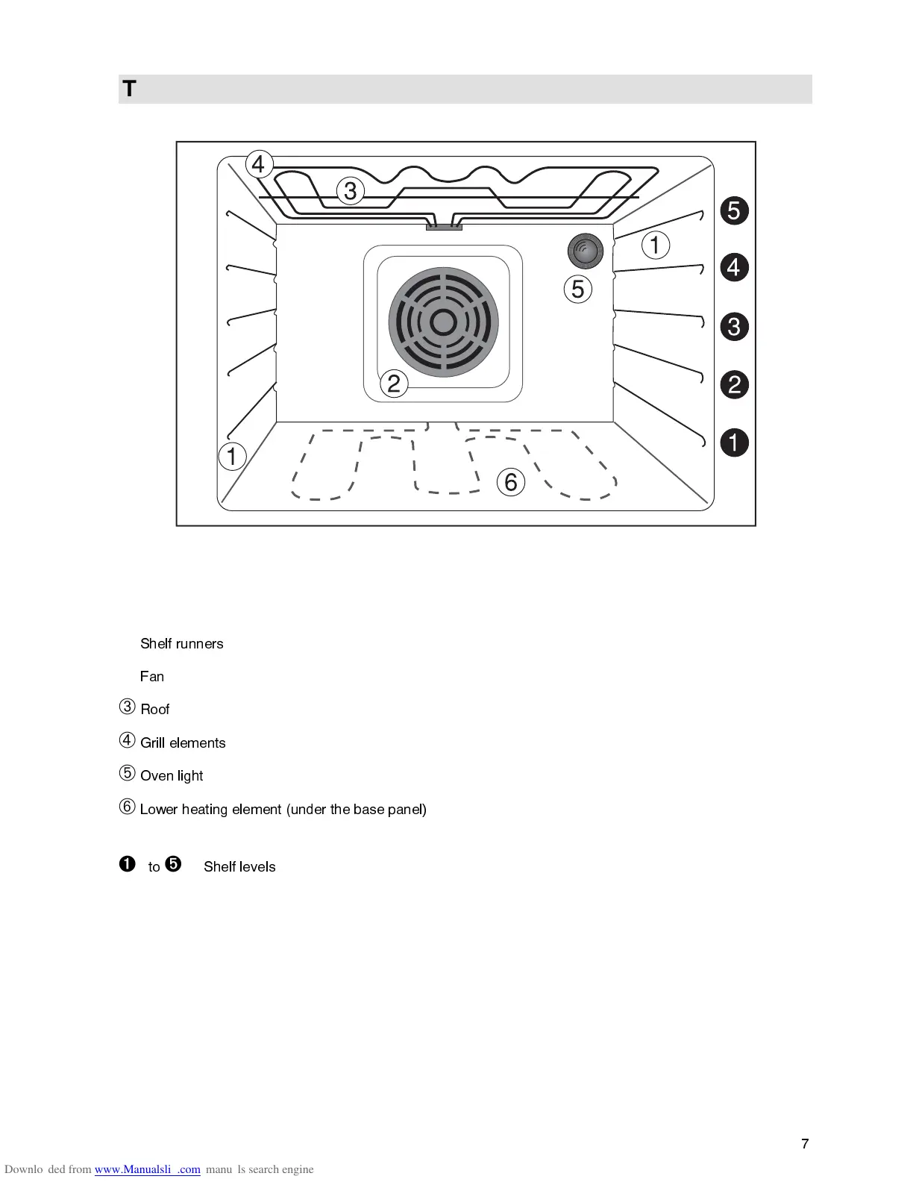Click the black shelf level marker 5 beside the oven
(734, 210)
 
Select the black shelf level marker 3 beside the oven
(734, 327)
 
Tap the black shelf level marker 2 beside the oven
(734, 385)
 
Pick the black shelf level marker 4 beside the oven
(734, 267)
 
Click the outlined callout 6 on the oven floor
(511, 482)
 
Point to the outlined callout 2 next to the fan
(394, 384)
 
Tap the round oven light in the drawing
(585, 251)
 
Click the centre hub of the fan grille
(443, 322)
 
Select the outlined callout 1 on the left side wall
(232, 456)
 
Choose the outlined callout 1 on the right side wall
(656, 245)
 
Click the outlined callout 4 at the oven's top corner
(259, 163)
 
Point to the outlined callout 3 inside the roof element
(350, 191)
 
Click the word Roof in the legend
(155, 710)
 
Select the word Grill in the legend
(153, 743)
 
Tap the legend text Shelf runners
(182, 644)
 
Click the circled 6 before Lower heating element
(128, 807)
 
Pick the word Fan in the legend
(152, 677)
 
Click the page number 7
(805, 1144)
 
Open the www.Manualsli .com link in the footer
(148, 1169)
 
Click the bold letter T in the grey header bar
(130, 90)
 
